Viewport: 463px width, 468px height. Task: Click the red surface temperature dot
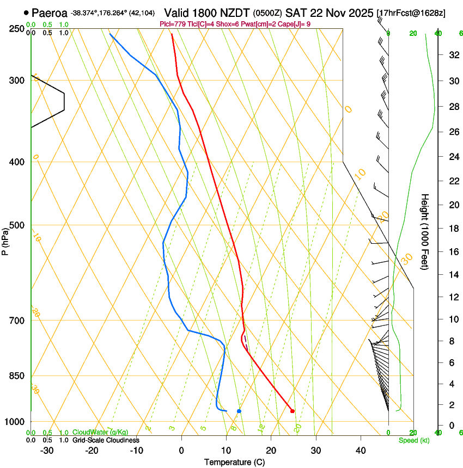click(x=293, y=411)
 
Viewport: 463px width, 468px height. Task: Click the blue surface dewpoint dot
click(x=239, y=411)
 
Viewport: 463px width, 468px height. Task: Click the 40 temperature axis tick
click(x=361, y=451)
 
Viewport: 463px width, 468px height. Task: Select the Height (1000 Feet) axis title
click(x=425, y=232)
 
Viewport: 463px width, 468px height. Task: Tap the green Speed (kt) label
click(x=413, y=440)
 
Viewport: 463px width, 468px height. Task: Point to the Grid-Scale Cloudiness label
click(x=106, y=440)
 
